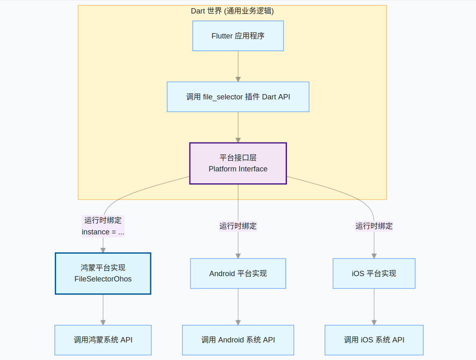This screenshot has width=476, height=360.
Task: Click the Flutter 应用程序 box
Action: click(238, 36)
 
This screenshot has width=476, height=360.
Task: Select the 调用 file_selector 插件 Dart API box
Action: click(238, 97)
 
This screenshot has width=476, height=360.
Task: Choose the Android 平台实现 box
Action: click(238, 273)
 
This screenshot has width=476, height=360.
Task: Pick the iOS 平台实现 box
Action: click(374, 273)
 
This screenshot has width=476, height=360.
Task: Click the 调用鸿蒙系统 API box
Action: click(103, 340)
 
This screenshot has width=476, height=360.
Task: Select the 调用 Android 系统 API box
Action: click(238, 340)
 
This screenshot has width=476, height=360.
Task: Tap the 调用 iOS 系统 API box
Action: click(374, 340)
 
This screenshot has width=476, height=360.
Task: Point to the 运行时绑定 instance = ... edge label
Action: click(103, 226)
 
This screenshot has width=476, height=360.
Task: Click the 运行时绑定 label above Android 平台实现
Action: click(238, 226)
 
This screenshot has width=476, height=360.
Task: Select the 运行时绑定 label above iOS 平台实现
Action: click(374, 226)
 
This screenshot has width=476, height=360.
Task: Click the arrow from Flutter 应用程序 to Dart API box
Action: click(238, 66)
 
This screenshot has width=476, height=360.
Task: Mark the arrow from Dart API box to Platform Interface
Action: click(238, 127)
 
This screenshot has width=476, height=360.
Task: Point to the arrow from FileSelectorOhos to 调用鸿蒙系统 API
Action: click(103, 309)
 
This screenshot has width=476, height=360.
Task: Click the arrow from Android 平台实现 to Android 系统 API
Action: click(238, 307)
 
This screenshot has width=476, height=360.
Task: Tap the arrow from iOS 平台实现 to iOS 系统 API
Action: click(374, 307)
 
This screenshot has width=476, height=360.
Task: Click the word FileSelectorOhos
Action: click(103, 279)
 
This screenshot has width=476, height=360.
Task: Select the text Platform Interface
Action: click(238, 169)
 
